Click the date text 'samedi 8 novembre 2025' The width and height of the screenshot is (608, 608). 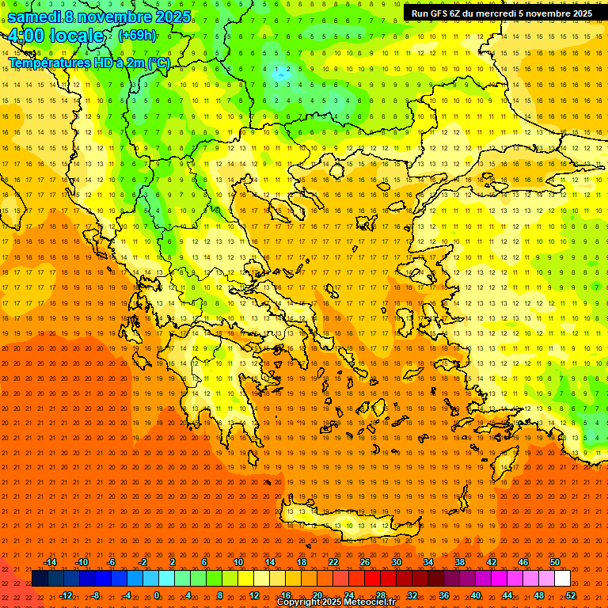point(99,17)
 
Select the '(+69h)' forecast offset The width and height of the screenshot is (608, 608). point(137,36)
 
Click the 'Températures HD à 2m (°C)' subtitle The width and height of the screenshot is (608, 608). point(89,63)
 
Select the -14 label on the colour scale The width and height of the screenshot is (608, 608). point(50,562)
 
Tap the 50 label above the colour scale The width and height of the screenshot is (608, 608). point(554,562)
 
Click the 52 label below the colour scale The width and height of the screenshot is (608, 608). point(571,595)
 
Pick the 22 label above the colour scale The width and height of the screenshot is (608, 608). point(333,562)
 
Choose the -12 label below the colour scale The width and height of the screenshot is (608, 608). point(66,595)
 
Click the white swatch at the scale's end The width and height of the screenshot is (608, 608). point(562,579)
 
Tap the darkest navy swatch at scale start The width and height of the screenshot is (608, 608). point(40,579)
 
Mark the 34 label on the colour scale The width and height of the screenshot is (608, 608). point(428,562)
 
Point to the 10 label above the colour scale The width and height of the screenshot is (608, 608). point(238,562)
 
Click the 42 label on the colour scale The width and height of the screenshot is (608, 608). point(492,562)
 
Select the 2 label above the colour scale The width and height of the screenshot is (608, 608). point(173,562)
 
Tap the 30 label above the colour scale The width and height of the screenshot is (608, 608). point(397,562)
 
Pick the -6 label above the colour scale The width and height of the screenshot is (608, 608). point(112,562)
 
